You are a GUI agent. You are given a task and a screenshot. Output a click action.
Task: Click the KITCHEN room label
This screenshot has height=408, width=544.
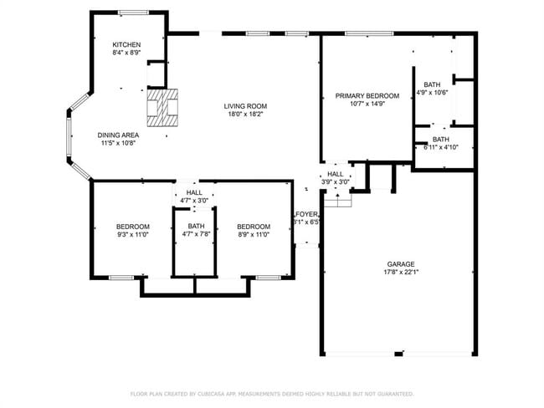coord(126,44)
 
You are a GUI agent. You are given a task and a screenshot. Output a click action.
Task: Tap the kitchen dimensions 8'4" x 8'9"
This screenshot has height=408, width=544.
coord(126,53)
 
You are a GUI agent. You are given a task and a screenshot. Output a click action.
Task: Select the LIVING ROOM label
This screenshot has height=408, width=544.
coord(244,105)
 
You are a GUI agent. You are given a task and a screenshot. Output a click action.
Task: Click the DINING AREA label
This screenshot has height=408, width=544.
coord(117,135)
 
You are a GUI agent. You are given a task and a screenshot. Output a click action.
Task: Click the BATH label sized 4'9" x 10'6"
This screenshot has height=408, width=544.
coord(432,84)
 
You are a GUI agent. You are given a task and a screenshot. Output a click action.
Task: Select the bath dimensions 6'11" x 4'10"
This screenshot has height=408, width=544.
coord(441,147)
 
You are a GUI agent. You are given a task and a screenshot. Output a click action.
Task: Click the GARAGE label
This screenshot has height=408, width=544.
coord(401,263)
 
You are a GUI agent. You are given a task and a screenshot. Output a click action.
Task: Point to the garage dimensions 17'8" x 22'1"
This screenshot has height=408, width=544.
coord(401,272)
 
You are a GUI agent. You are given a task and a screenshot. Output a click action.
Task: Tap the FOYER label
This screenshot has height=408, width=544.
coord(306,214)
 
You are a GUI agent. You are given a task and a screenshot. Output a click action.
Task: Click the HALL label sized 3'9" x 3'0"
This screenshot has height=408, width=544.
coord(335,173)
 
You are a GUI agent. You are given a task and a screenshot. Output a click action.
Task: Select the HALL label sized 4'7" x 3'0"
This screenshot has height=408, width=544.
coord(194,192)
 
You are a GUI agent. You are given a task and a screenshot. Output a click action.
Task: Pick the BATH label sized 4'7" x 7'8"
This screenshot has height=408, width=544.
coord(195,226)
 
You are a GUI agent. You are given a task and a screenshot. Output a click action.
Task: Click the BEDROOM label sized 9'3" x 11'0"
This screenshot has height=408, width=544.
coord(132,227)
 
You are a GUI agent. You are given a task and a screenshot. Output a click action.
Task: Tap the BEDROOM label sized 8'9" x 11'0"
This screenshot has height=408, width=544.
coord(253,227)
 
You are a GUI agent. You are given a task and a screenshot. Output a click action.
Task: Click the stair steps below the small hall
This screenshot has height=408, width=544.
coord(337,201)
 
